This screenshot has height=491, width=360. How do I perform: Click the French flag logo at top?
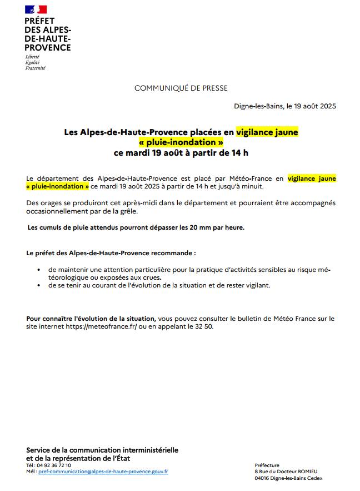[36, 9]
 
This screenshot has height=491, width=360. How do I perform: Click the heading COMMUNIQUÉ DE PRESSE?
[181, 88]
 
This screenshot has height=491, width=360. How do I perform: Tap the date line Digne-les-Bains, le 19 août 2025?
[285, 106]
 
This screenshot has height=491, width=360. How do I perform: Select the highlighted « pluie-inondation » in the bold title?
[181, 142]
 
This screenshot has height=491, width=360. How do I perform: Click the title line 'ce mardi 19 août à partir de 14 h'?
[181, 152]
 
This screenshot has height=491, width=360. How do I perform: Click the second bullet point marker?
[39, 285]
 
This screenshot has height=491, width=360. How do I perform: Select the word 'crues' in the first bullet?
[150, 277]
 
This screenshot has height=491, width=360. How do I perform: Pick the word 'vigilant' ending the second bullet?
[258, 285]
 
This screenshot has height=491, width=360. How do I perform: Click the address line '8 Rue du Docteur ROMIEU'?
[286, 472]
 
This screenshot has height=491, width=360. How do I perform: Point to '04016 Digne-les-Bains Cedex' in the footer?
[288, 478]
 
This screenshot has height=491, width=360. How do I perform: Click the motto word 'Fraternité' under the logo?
[36, 68]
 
